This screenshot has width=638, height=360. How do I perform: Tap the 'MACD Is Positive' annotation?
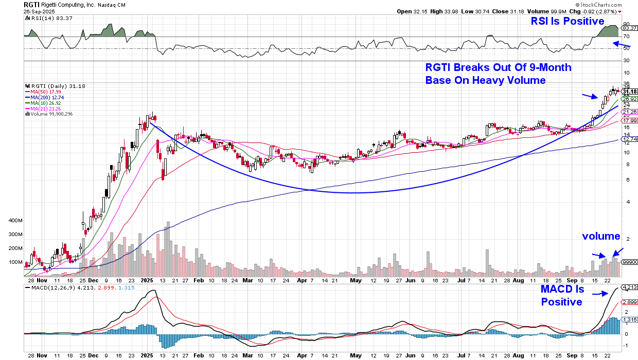562,295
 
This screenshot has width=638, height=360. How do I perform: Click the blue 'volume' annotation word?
601,236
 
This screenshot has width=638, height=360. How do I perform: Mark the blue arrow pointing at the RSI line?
623,44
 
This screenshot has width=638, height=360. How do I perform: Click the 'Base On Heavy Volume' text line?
485,80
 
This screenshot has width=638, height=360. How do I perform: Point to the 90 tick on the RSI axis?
626,24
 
